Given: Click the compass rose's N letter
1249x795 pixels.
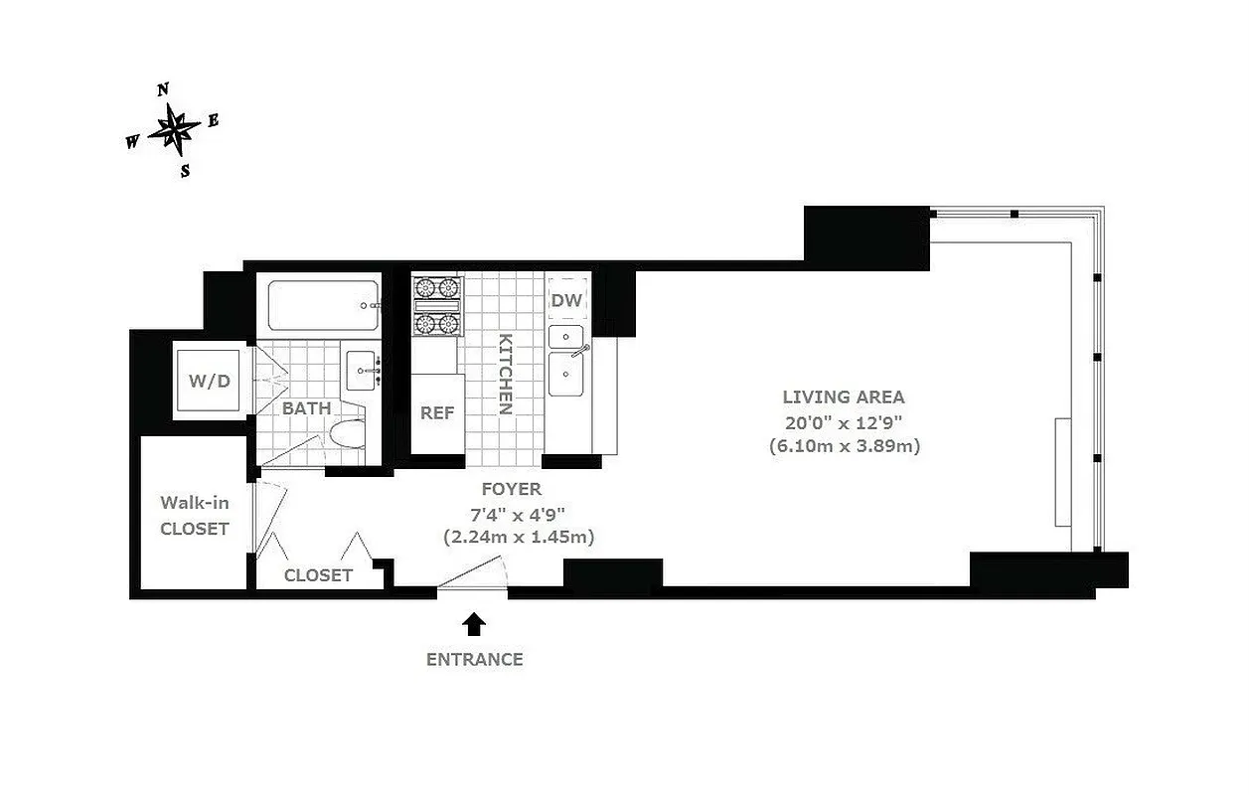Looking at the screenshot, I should [x=163, y=89].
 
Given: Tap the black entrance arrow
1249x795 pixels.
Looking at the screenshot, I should [x=475, y=624].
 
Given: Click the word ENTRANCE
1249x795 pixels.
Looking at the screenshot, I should [x=474, y=659].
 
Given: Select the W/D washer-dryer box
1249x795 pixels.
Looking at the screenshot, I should [x=210, y=380].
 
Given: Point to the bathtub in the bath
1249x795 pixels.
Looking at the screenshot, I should [x=324, y=307].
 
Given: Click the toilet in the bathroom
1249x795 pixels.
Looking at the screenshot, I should [x=347, y=434].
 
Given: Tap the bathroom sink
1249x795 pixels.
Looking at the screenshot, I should [x=363, y=370].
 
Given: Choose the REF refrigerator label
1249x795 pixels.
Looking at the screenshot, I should [x=436, y=412].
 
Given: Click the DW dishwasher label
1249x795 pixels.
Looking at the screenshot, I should [x=567, y=300].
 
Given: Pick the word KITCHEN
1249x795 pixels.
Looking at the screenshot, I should [x=505, y=374].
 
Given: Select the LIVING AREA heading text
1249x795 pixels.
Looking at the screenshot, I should [x=844, y=397].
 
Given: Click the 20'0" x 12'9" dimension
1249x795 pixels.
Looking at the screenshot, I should [x=844, y=421].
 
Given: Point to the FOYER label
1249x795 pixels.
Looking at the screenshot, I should [x=512, y=489].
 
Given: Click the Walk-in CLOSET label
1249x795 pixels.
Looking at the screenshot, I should [x=195, y=516].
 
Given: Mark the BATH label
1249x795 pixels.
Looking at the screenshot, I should [x=307, y=408].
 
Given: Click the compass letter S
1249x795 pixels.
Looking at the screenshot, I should [x=185, y=170].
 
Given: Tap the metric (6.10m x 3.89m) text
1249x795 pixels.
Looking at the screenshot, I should [x=845, y=446].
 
